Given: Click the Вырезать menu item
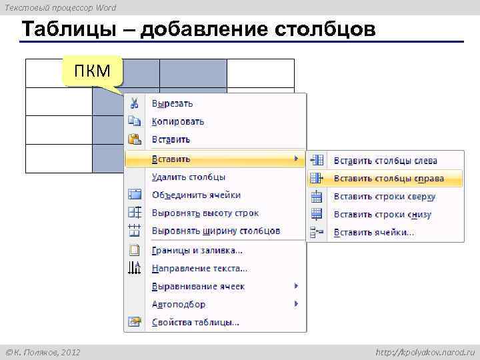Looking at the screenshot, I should point(172,104).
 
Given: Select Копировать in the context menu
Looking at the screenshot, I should point(177,122).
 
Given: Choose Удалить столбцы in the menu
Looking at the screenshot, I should point(188,177).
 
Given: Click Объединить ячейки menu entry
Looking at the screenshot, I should point(196,195).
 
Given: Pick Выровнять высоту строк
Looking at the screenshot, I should point(205,213).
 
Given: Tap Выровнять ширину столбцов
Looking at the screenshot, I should point(215,231).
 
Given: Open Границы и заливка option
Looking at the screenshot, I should point(197,251).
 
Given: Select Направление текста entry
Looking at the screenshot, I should point(199,269).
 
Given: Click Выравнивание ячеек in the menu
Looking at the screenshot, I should point(198,287).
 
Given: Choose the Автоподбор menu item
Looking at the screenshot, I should point(179,305).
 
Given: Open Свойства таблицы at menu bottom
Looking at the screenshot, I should point(195,323).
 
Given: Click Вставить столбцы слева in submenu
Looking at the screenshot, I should point(385,161).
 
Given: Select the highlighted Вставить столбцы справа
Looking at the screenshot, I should point(388,179).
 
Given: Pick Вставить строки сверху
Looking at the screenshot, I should point(384,197).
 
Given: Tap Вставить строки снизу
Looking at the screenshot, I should point(382,215).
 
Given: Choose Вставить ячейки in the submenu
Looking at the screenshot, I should point(373,233).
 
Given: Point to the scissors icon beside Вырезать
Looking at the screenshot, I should point(135,104).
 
